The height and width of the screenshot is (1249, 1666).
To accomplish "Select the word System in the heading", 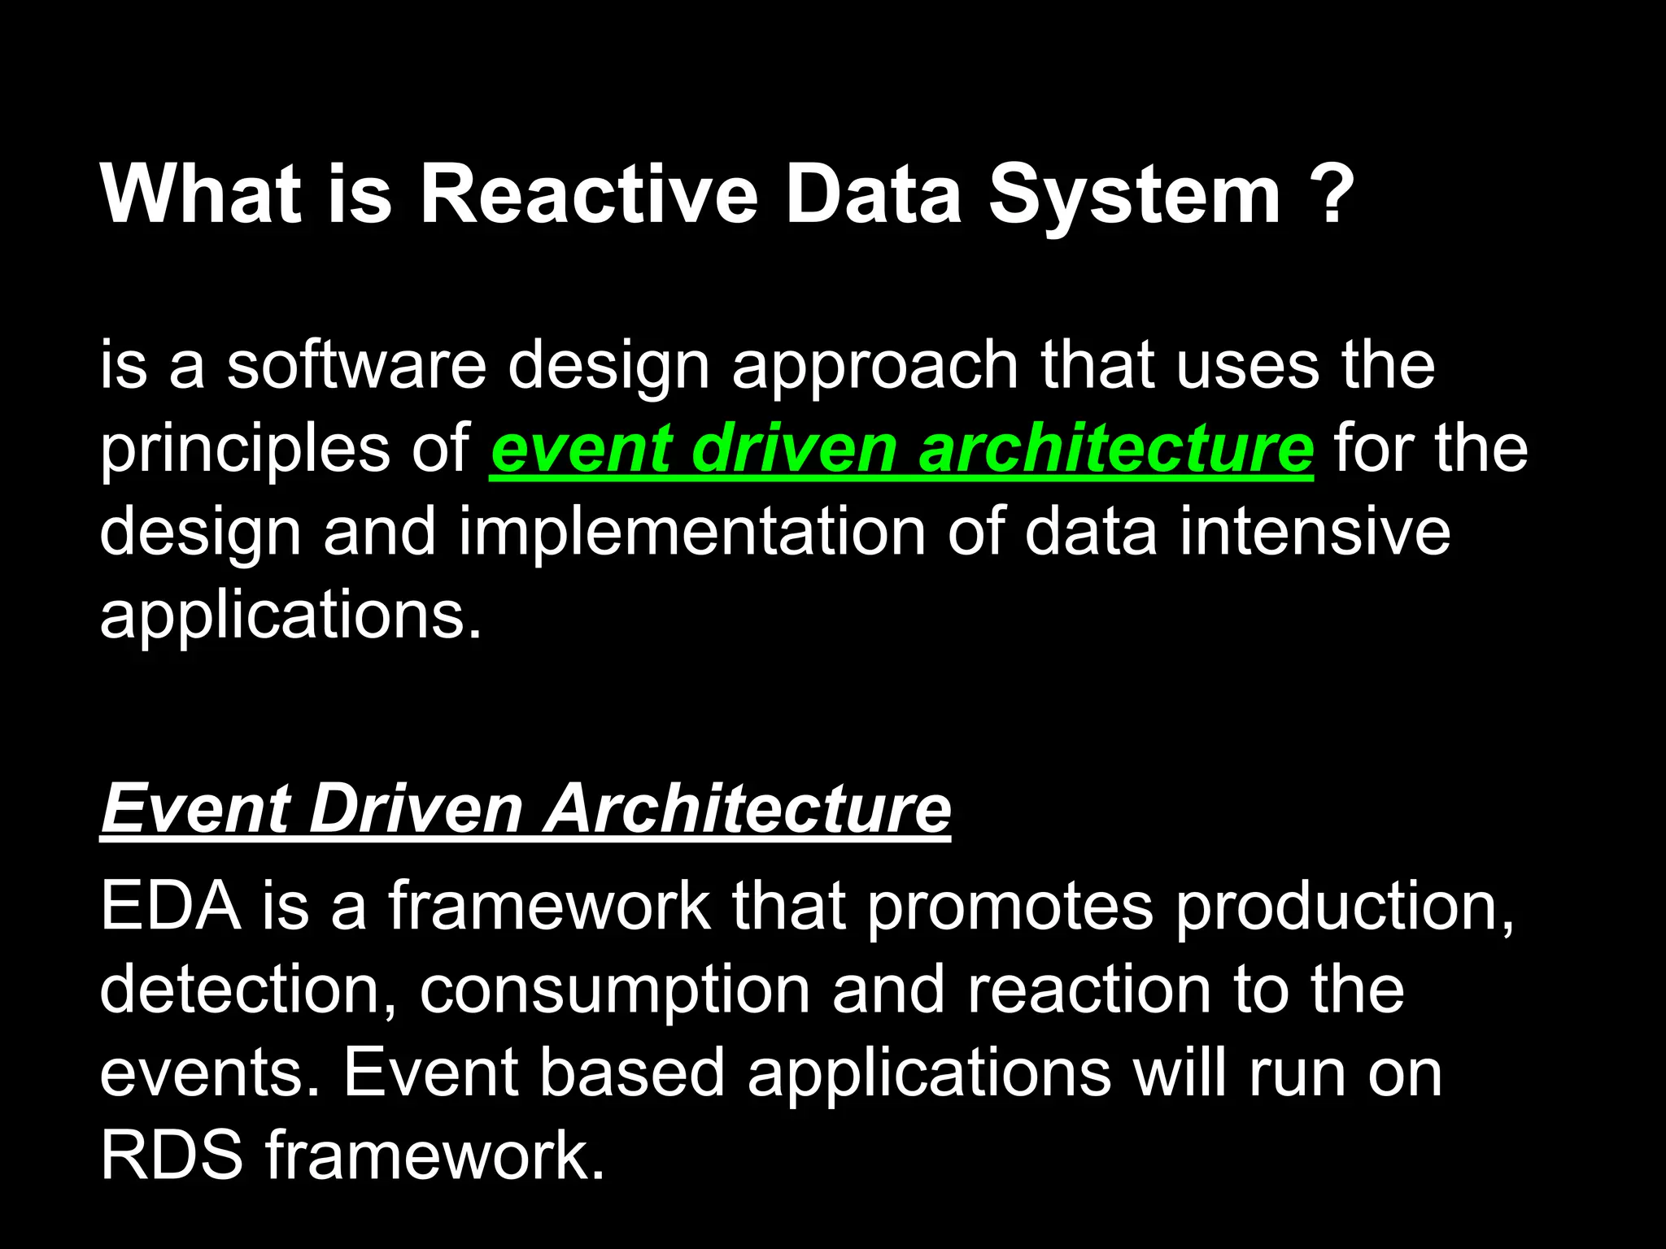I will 1135,195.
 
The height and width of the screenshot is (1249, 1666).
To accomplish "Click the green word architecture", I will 1115,449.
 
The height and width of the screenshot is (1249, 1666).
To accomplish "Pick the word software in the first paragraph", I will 356,365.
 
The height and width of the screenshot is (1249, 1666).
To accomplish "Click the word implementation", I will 692,533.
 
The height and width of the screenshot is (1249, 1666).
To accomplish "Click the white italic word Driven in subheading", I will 416,808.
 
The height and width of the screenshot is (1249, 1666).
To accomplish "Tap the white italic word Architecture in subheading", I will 747,808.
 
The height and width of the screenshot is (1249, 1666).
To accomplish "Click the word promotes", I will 1010,907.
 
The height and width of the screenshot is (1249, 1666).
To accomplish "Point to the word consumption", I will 614,991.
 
